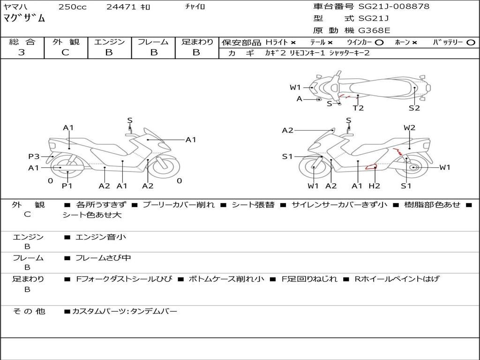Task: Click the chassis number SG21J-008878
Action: (394, 7)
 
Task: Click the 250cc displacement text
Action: (73, 7)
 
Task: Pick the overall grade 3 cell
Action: (22, 52)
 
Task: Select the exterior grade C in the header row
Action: (65, 52)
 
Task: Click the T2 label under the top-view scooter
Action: (358, 108)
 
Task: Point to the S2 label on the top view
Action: (414, 108)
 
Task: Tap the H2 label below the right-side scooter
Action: (375, 186)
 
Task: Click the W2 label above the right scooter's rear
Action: (409, 127)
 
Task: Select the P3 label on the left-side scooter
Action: (34, 157)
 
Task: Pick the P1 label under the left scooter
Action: (67, 186)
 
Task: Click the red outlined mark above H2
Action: (371, 167)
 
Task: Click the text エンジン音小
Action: (101, 237)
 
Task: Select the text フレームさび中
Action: (103, 258)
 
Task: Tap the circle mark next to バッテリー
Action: (471, 43)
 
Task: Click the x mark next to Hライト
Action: (293, 43)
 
